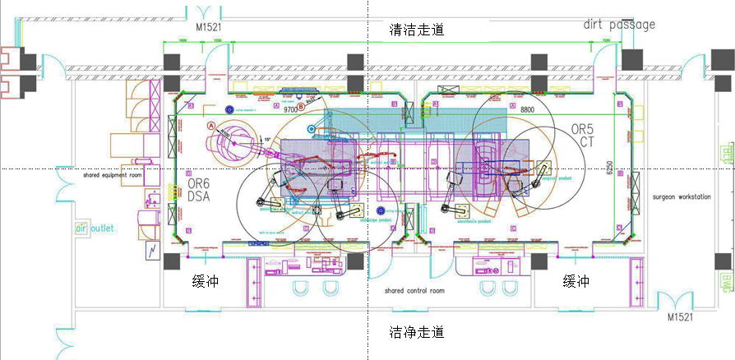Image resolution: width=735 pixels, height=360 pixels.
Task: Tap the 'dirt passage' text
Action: pos(619,24)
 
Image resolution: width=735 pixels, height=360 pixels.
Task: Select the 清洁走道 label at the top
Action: pos(417,30)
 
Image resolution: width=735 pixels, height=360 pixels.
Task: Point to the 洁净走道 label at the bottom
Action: pos(417,332)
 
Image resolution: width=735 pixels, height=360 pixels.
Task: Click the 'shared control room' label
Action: pos(414,291)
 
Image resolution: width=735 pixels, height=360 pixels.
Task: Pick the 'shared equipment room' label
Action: pos(113,175)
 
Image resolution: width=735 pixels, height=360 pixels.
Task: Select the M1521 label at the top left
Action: pos(209,27)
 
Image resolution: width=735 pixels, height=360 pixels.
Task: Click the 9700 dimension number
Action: pos(293,108)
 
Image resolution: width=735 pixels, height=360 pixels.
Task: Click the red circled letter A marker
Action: pos(211,126)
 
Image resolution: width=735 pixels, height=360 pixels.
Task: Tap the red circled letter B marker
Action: pos(301,107)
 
